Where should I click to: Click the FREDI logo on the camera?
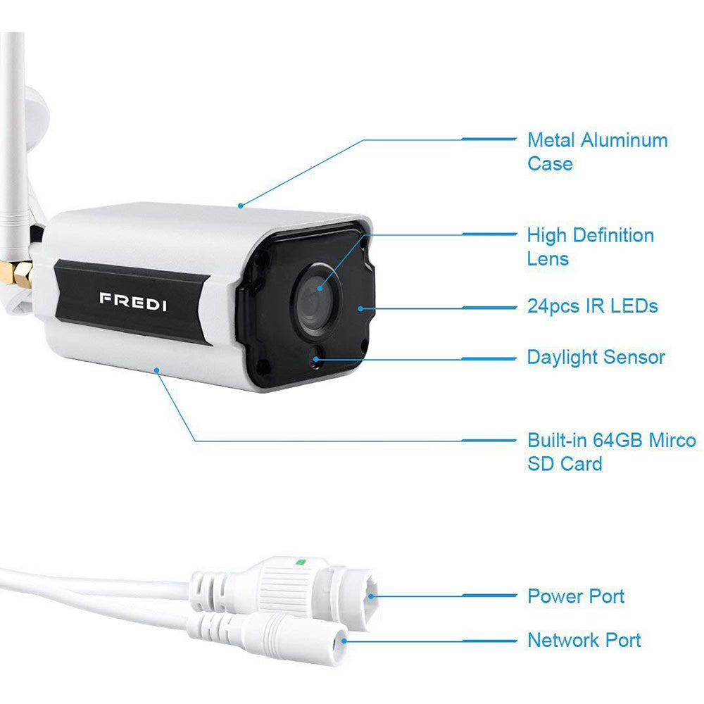coord(133,302)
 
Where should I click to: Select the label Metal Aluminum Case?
coord(597,152)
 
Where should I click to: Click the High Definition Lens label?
coord(590,247)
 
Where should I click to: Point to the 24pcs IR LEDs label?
coord(592,306)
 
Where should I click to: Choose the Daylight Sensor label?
coord(596,358)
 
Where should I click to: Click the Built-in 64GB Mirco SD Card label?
coord(612,452)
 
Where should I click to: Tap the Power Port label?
coord(576,596)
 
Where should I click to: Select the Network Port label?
coord(584,640)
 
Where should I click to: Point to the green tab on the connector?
coord(299,561)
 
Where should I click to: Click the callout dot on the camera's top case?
coord(241,206)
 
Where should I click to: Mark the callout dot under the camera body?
coord(157,370)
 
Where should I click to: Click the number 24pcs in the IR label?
coord(553,307)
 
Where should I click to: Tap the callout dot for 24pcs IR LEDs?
coord(360,309)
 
